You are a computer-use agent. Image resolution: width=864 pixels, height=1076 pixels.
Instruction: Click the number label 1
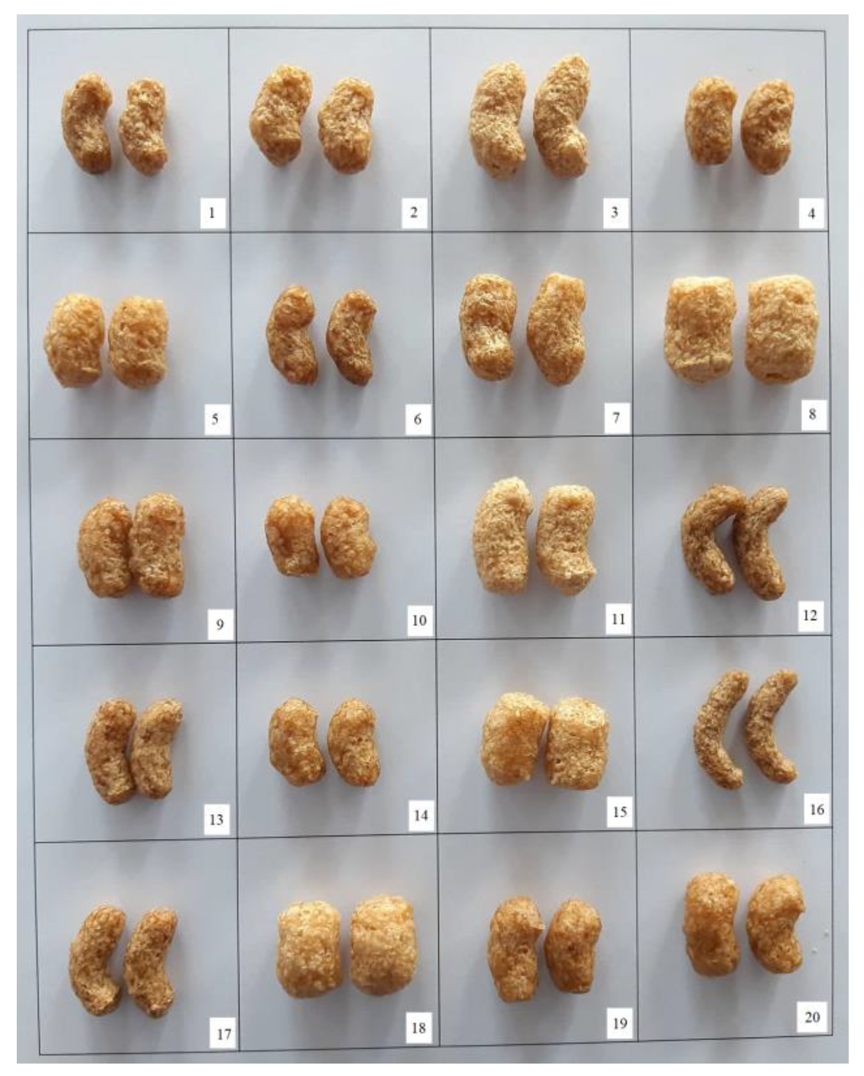(212, 214)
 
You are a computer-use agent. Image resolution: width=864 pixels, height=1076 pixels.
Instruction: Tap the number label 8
(812, 414)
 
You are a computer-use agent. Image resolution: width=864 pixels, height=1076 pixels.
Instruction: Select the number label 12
(809, 615)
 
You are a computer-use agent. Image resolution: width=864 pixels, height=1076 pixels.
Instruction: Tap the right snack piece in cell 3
(561, 116)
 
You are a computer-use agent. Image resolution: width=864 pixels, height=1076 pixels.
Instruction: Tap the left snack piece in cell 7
(487, 327)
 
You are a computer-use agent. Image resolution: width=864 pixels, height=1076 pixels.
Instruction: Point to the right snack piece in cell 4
(767, 127)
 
